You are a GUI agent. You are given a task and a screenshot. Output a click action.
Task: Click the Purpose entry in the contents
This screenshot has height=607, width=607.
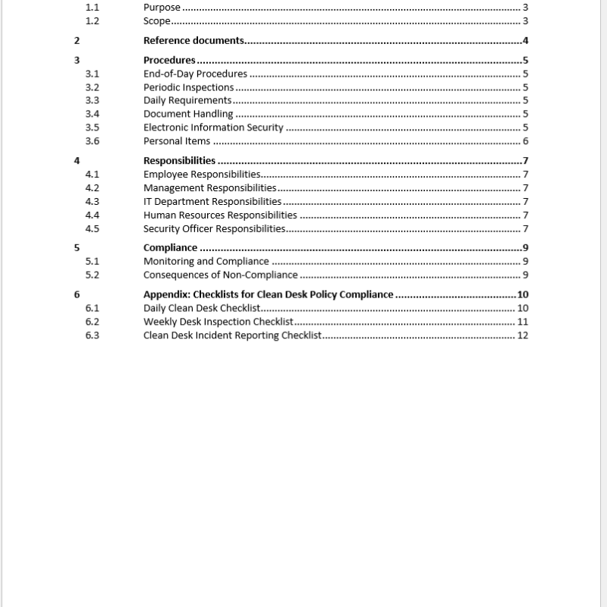tap(162, 8)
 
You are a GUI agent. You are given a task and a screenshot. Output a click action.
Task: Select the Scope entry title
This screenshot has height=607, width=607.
tap(157, 21)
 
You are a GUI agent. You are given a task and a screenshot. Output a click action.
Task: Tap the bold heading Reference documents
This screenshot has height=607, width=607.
tap(193, 41)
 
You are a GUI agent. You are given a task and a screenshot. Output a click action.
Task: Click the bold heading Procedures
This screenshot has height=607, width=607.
tap(169, 61)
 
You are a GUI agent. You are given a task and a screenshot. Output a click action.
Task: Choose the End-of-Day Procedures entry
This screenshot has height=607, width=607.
tap(195, 74)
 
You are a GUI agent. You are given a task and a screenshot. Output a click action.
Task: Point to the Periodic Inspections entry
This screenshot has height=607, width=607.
tap(188, 87)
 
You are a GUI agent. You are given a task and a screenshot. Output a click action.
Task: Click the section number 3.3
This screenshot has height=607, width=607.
tap(92, 100)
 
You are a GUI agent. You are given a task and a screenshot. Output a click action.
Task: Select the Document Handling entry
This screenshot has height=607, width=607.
tap(188, 114)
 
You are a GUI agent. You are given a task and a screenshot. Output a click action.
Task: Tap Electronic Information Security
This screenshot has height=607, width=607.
tap(213, 127)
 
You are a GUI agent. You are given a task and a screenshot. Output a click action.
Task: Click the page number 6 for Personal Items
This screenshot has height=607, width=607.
tap(525, 141)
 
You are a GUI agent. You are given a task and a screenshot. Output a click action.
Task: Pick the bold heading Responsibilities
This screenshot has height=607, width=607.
tap(179, 161)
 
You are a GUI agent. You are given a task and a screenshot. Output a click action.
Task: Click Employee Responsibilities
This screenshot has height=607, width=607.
tap(202, 175)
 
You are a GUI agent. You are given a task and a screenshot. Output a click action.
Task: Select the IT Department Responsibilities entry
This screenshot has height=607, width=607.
tap(212, 202)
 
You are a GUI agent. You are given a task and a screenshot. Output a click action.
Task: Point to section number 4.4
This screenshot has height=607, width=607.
tap(92, 215)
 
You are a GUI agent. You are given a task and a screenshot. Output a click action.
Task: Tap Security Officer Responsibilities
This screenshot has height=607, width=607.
tap(214, 229)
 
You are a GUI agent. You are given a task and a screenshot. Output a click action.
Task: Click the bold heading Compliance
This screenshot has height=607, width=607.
tap(170, 248)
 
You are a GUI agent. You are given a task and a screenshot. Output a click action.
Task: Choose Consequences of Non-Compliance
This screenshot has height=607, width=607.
tap(220, 275)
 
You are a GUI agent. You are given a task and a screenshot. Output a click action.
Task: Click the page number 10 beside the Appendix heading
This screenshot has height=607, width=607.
tap(522, 294)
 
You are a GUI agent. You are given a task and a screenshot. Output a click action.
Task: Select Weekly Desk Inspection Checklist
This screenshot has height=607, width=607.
tap(218, 322)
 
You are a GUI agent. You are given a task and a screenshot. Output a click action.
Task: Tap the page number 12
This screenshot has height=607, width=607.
tap(522, 335)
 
